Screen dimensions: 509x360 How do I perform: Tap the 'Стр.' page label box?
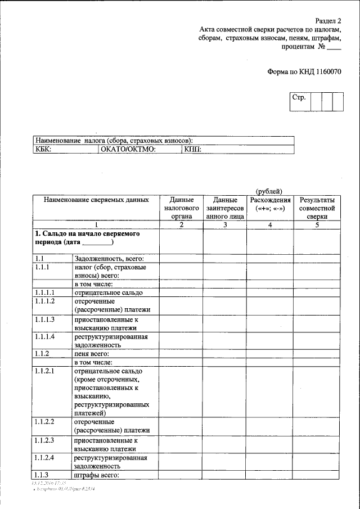[299, 98]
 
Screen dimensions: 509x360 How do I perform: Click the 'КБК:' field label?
[43, 149]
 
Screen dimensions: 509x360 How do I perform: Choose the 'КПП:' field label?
[192, 149]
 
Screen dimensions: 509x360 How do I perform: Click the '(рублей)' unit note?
[269, 192]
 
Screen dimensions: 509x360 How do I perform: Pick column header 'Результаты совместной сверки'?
[317, 207]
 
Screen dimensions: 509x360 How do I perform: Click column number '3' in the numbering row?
[224, 225]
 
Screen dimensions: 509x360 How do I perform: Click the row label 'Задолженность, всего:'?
[102, 258]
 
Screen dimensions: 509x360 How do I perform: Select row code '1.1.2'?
[42, 354]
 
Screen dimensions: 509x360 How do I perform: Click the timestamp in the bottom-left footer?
[49, 483]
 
